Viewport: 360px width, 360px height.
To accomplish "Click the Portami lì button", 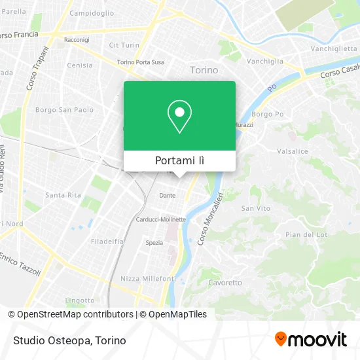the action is pos(179,161).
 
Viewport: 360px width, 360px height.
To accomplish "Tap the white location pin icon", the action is pos(179,117).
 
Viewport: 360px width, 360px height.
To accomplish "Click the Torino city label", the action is pos(204,70).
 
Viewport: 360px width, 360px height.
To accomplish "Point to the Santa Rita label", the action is pos(63,195).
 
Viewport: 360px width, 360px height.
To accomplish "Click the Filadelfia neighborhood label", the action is pos(107,241).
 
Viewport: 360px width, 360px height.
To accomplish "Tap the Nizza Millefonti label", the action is pos(148,278).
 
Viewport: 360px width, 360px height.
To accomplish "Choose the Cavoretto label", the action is pos(225,283).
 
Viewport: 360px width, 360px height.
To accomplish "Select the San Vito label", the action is pos(255,208).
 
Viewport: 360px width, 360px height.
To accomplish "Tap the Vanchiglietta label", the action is pos(333,49).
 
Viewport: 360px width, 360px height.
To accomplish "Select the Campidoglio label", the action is pos(92,13).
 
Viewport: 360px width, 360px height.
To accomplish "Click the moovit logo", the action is pos(311,340).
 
